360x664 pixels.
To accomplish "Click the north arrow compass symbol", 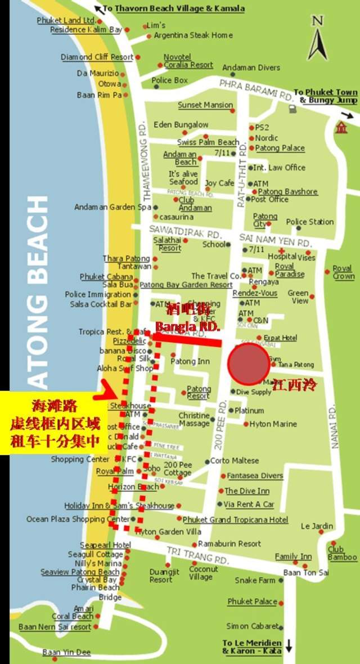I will coord(318,41).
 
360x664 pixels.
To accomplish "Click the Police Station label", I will coord(310,222).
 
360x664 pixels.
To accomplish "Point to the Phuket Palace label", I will coord(252,602).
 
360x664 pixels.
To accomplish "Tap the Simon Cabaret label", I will coord(253,626).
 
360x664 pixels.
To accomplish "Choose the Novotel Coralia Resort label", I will coord(188,61).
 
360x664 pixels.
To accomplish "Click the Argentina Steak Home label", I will coord(193,35).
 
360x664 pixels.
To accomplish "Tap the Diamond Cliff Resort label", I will coord(97,57).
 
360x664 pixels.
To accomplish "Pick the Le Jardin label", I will coord(317,526).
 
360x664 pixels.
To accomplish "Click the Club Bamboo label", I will coord(342,553).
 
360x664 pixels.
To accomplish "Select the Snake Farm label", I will coord(255,580).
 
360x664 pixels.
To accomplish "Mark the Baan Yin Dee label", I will coord(66,653).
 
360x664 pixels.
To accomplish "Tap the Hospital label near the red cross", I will coord(282,256).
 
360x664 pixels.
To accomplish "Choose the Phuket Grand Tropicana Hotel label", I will coord(235,519).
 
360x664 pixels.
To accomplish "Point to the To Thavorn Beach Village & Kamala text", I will coord(173,8).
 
